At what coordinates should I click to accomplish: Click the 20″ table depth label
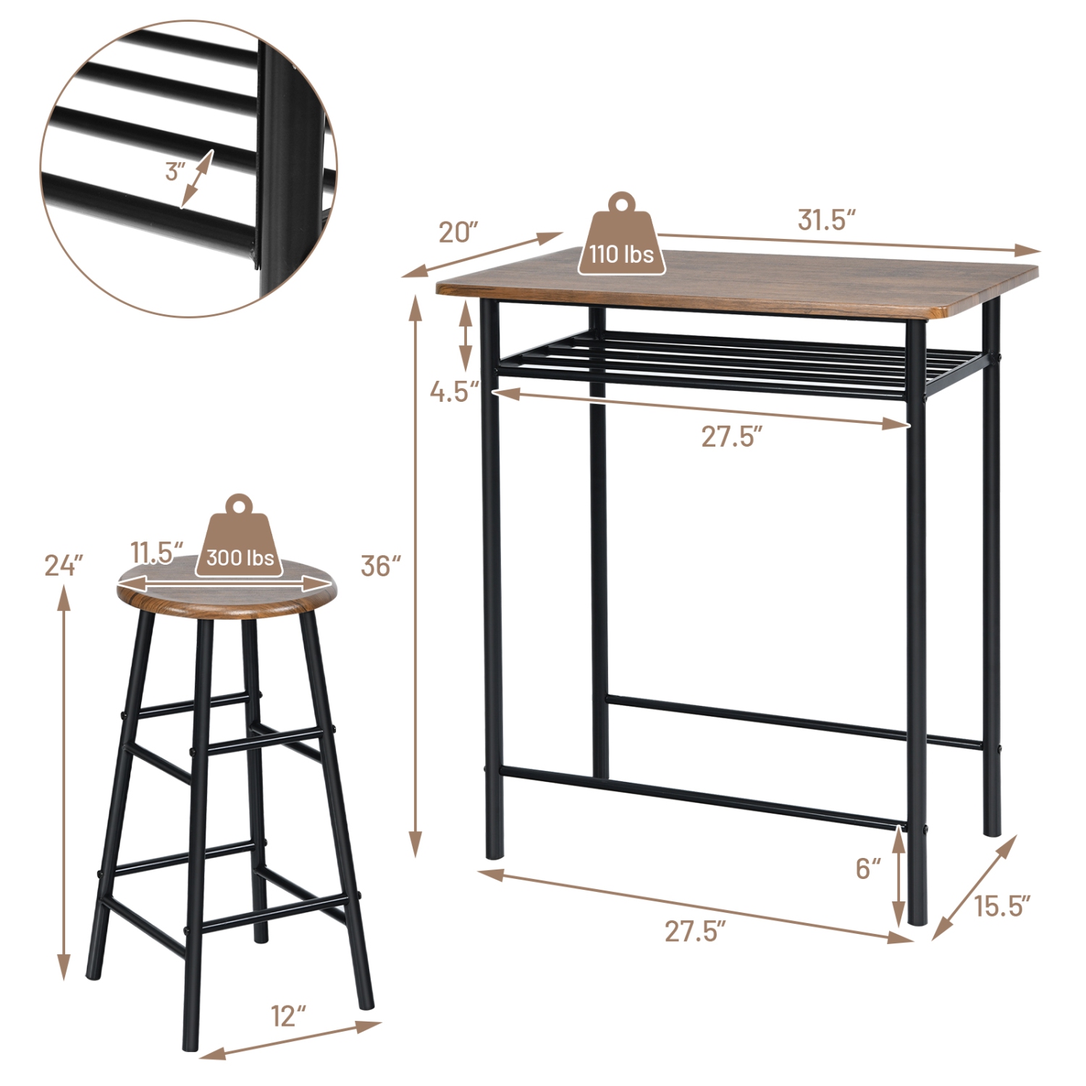click(459, 232)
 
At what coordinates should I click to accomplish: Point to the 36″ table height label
click(381, 565)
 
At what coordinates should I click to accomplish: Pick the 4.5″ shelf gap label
click(454, 392)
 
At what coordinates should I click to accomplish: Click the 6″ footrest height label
click(868, 868)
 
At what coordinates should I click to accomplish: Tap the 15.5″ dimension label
click(1002, 906)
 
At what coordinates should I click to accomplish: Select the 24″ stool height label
click(64, 565)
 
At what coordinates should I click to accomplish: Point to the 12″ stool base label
click(289, 1016)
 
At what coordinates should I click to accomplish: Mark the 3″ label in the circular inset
click(174, 172)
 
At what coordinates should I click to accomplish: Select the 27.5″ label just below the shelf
click(731, 437)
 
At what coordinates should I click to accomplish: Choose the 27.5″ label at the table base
click(695, 931)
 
